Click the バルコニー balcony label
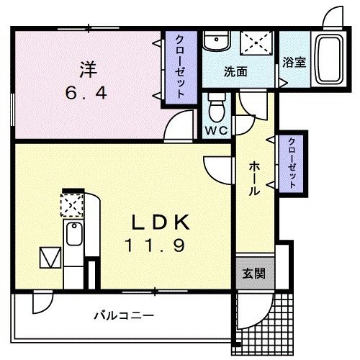124,315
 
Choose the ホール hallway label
254,179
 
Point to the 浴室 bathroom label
294,62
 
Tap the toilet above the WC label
216,109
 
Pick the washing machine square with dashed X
256,42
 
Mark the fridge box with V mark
49,256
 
